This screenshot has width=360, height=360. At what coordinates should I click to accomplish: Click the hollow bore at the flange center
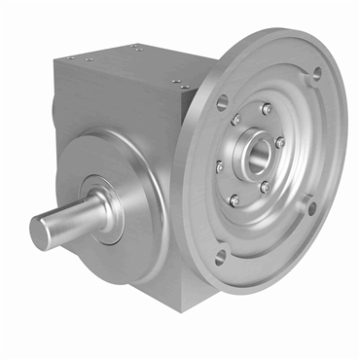tap(257, 154)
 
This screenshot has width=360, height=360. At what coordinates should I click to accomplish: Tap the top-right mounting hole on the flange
tap(315, 73)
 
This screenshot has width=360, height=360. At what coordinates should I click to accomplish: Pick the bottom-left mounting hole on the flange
tap(220, 255)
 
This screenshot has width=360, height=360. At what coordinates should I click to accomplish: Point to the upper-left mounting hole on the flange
tap(222, 100)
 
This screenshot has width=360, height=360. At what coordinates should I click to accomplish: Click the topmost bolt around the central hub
tap(265, 109)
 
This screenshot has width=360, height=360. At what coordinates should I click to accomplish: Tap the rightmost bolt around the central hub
tap(280, 142)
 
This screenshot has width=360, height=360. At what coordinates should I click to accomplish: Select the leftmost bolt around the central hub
tap(220, 166)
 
